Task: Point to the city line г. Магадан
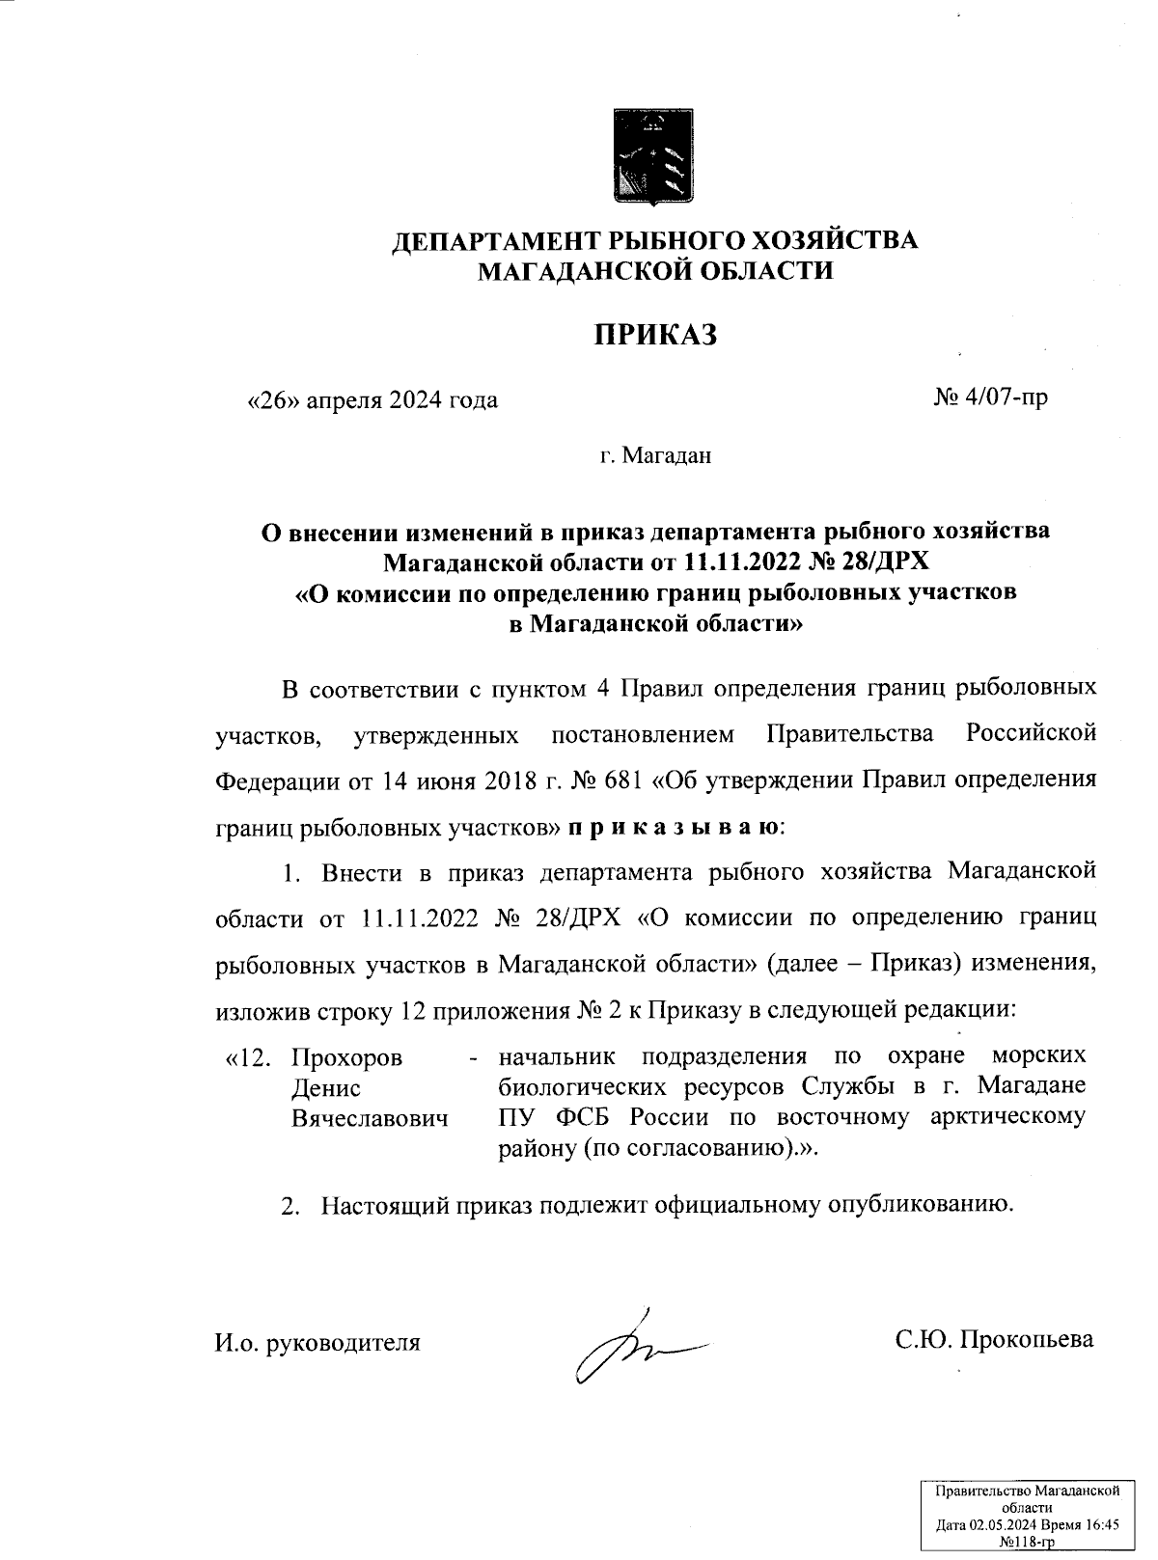click(655, 454)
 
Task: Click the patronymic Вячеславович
click(371, 1119)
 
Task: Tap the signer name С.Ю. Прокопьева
click(993, 1339)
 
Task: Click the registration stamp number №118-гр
click(1027, 1543)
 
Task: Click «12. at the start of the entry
click(245, 1057)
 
